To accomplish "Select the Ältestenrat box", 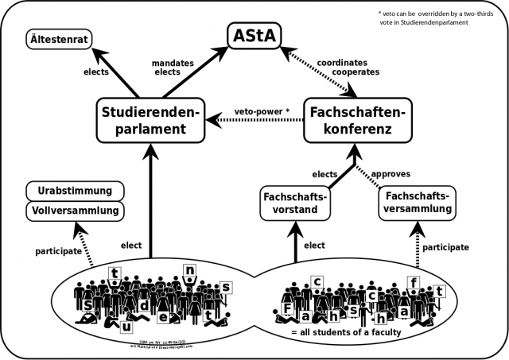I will pos(59,37).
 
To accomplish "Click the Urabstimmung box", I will pos(75,192).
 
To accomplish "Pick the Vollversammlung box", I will pos(75,211).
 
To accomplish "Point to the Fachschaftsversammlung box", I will pos(417,202).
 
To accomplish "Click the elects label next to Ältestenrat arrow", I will pos(95,71).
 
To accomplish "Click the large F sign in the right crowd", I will pos(287,308).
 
